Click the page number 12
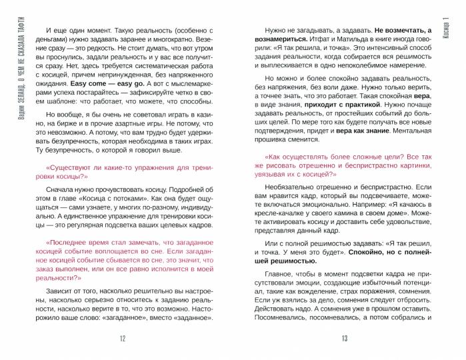point(122,339)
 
